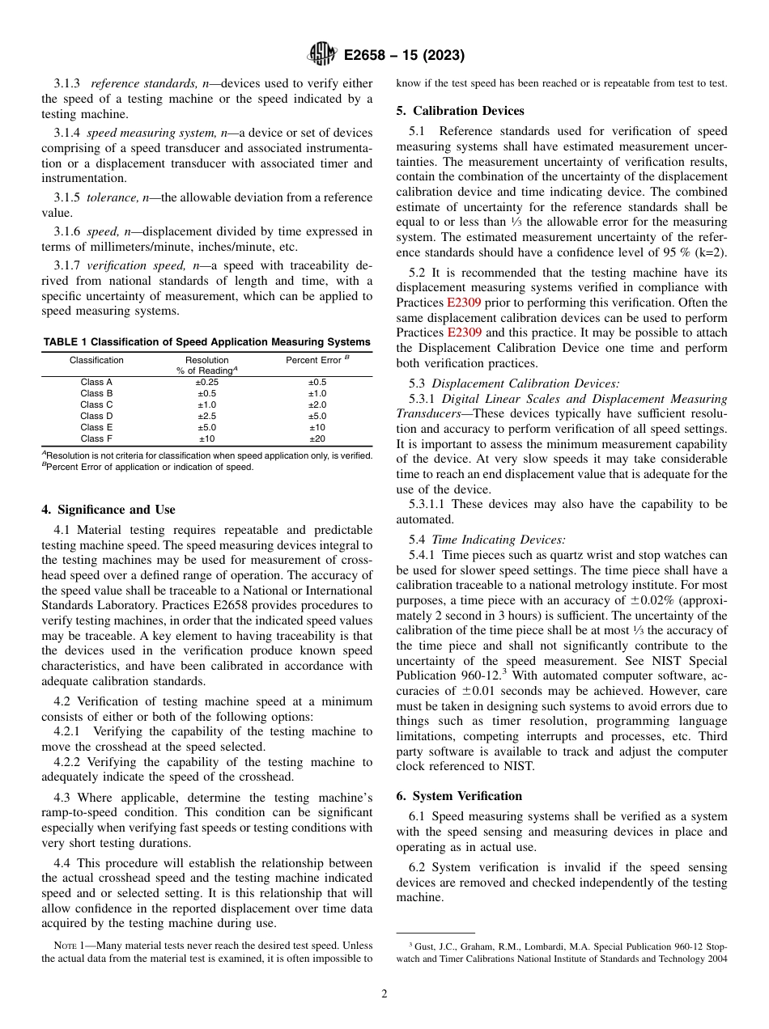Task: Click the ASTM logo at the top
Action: click(x=323, y=55)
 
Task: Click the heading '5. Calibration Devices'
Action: click(x=460, y=111)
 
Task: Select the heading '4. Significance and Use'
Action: click(x=108, y=510)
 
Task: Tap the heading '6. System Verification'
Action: click(x=459, y=796)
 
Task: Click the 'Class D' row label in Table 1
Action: click(x=96, y=416)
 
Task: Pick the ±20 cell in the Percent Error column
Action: click(x=317, y=438)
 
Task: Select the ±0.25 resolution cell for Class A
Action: click(x=207, y=382)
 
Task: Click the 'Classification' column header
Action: click(x=96, y=360)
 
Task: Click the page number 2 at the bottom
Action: click(x=384, y=994)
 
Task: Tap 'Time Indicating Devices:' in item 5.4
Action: click(x=499, y=540)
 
